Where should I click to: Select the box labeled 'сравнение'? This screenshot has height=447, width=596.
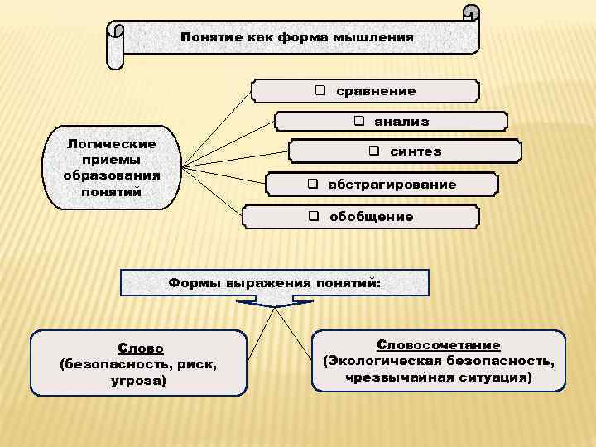click(x=365, y=90)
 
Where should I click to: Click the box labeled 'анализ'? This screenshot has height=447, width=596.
click(x=391, y=121)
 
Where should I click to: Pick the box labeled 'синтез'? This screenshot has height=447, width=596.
click(x=405, y=151)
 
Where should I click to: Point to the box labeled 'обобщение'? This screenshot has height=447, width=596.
click(x=360, y=216)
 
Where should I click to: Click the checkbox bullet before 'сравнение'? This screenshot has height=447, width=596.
click(x=320, y=90)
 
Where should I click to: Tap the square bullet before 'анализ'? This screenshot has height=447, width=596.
click(x=360, y=121)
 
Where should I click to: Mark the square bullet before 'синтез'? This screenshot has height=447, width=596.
click(x=374, y=151)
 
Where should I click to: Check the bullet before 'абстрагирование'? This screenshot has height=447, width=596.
click(x=314, y=184)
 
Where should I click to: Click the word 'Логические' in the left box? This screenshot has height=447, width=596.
click(x=111, y=144)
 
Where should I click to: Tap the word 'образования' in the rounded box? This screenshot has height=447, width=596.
click(x=111, y=175)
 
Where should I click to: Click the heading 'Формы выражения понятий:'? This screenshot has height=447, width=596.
click(x=275, y=282)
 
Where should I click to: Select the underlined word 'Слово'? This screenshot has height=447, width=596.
click(x=140, y=348)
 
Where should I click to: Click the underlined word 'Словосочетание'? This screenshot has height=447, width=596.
click(x=439, y=344)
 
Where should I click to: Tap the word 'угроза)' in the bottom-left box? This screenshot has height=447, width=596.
click(x=139, y=381)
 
